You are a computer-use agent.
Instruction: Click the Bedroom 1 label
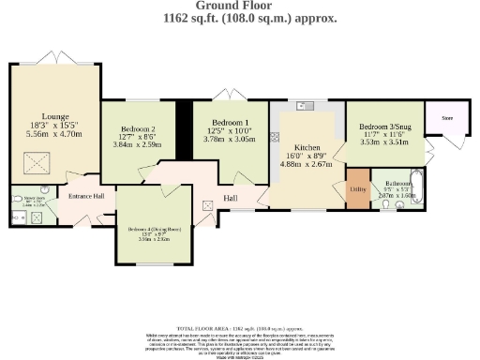coord(230,123)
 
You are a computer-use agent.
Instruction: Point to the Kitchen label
coord(307,148)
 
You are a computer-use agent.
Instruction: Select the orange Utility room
coord(357,187)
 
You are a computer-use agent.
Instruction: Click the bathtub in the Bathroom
coord(418,188)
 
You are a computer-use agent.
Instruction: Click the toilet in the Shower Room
coord(18,200)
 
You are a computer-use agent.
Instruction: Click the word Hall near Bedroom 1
coord(229,198)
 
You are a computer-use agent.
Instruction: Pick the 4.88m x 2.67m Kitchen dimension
coord(307,164)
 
